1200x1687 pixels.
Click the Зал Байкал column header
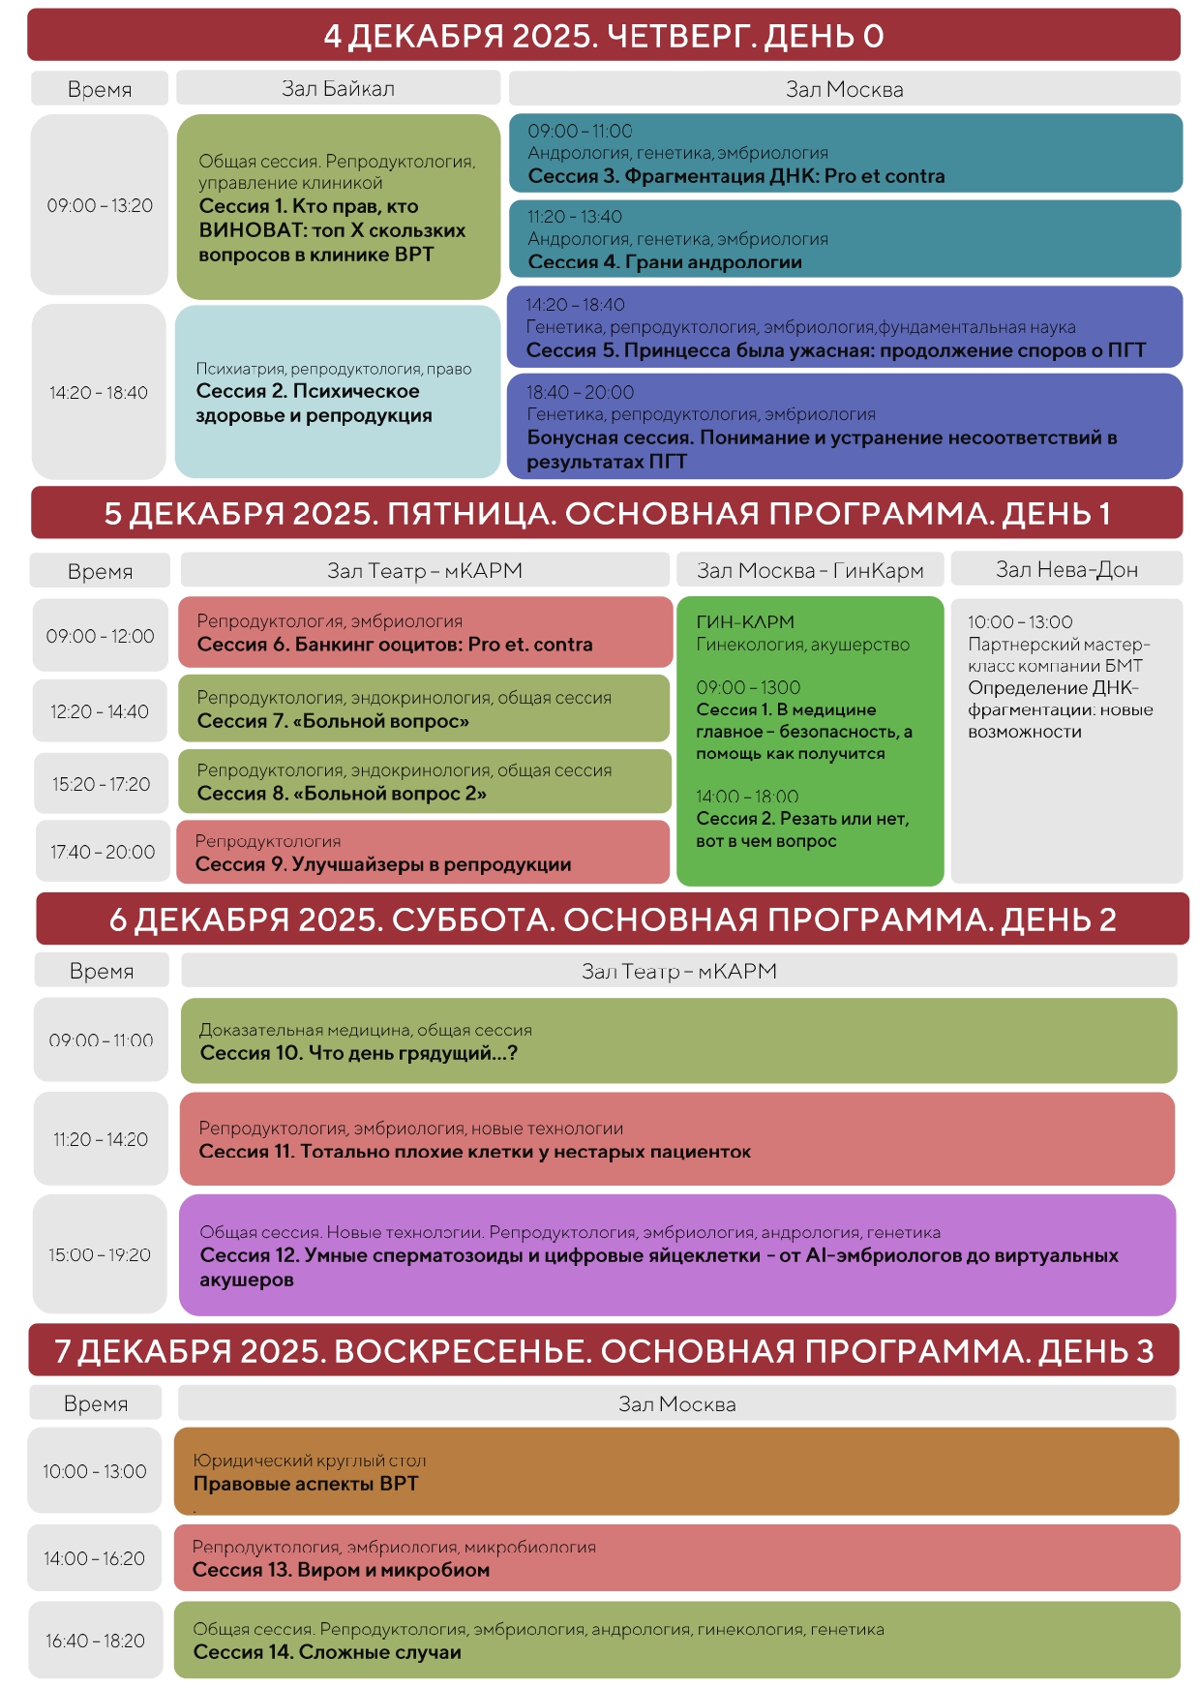(x=338, y=88)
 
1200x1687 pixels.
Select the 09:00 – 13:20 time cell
(x=100, y=205)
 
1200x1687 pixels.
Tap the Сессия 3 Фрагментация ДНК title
(x=735, y=176)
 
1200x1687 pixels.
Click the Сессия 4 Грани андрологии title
(x=664, y=262)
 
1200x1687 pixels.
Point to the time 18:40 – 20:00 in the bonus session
(x=580, y=392)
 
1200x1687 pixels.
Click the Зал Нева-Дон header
(x=1066, y=569)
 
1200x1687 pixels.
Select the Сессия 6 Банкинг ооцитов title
(x=394, y=645)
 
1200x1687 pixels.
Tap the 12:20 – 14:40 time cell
(x=100, y=711)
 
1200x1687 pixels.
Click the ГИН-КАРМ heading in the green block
(x=745, y=621)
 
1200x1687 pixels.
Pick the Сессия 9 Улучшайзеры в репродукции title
(x=382, y=864)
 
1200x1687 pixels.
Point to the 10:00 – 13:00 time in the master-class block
(x=1019, y=621)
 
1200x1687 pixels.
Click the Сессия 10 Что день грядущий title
(x=358, y=1053)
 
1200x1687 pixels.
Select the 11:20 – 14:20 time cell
(x=101, y=1139)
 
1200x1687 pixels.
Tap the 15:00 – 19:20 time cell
(x=100, y=1254)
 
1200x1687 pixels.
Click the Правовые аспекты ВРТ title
(x=305, y=1484)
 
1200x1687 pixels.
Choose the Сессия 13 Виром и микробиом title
(x=341, y=1570)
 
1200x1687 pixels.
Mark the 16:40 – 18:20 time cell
(x=95, y=1641)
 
